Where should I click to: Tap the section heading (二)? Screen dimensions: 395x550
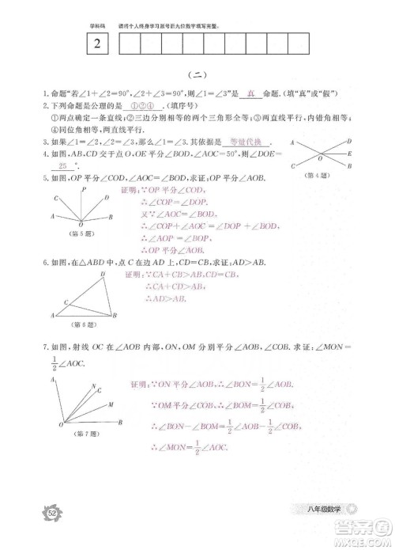coord(197,75)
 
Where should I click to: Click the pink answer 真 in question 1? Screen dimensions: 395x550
coord(250,93)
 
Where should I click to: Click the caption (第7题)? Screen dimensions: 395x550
coord(83,434)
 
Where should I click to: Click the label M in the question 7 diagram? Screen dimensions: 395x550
coord(110,403)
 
